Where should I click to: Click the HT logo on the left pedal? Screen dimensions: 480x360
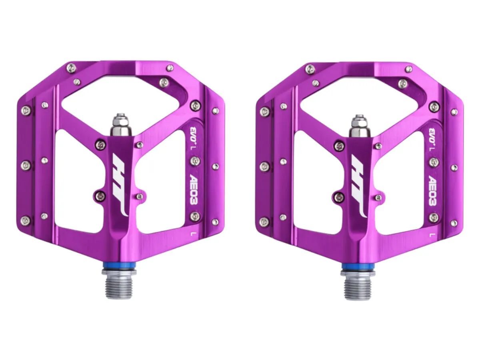pos(120,185)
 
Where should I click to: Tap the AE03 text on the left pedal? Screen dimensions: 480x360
pos(194,189)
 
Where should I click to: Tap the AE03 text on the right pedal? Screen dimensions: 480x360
pos(433,190)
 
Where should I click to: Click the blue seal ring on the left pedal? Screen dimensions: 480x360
pos(119,266)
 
